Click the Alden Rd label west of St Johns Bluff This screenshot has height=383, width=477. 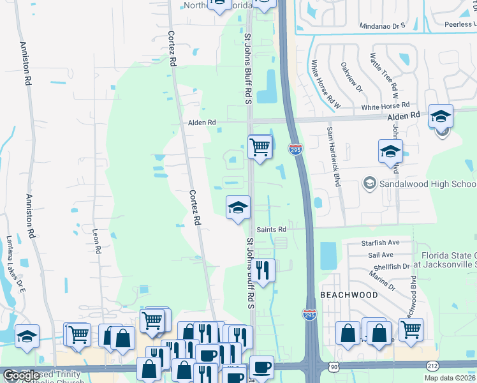202,122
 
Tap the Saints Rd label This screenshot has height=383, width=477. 271,229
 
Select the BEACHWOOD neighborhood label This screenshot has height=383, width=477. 348,295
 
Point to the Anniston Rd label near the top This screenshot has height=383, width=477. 26,64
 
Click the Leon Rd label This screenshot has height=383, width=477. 97,241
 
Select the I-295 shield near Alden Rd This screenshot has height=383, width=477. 295,149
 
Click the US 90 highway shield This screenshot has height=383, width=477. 334,366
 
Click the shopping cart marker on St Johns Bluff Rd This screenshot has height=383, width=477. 260,147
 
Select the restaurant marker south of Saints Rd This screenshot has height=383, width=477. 262,271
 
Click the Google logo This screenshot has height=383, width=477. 21,376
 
